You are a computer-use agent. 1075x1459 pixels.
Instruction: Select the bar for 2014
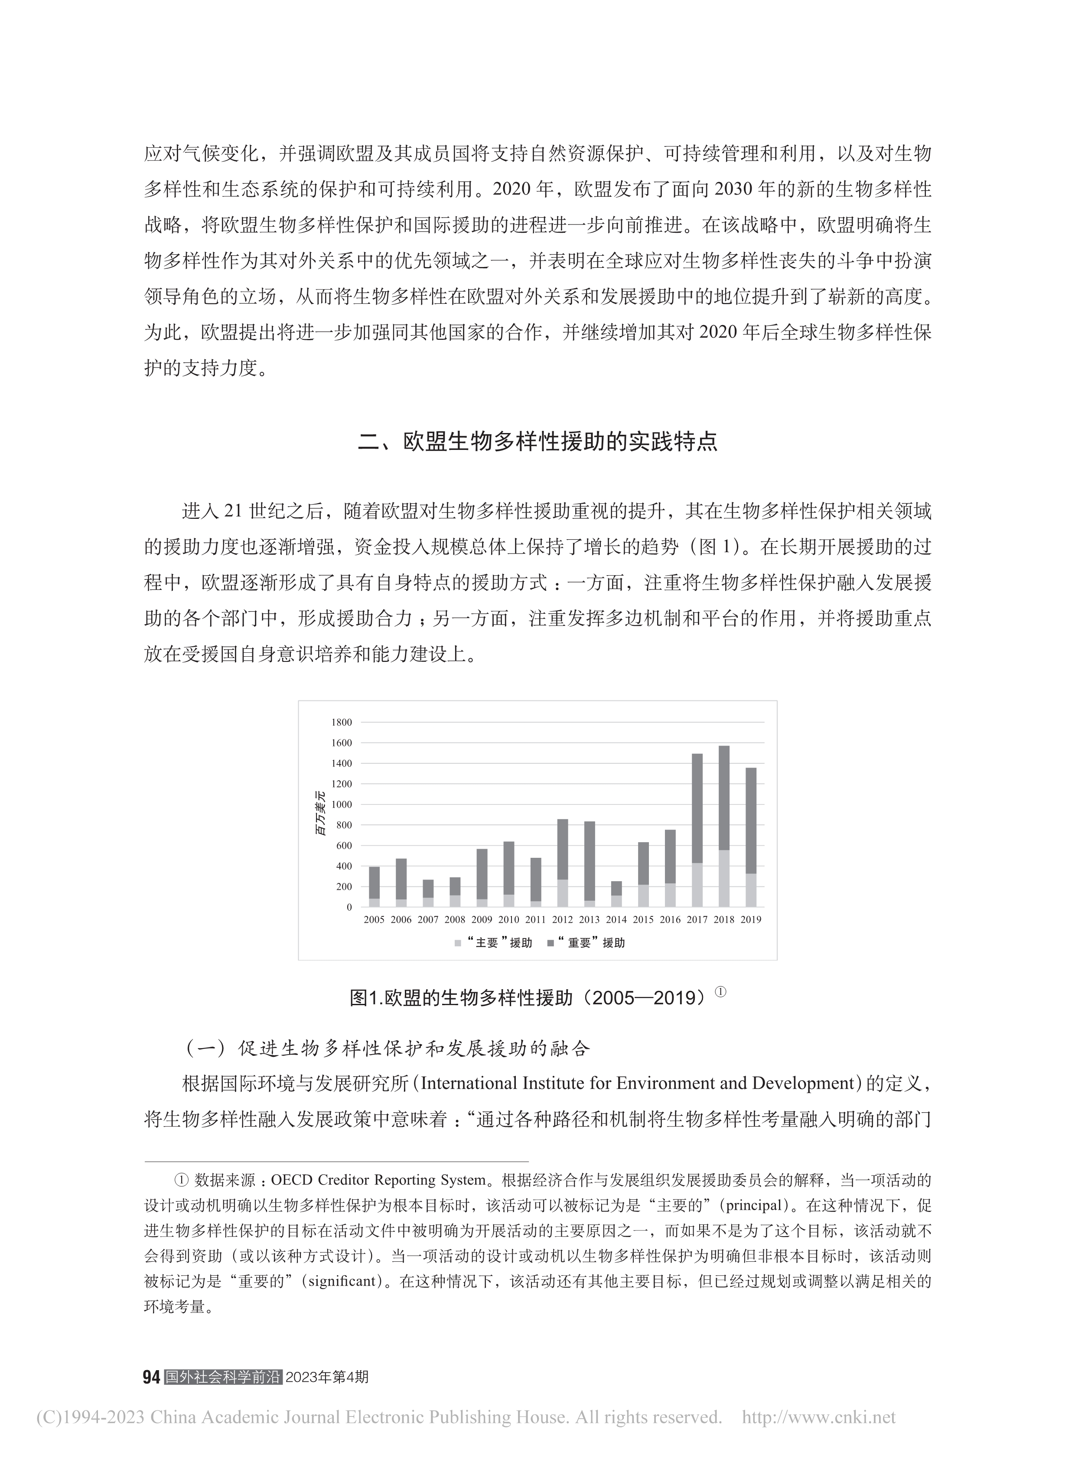pos(616,893)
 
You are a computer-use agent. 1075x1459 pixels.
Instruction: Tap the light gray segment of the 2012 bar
pos(562,893)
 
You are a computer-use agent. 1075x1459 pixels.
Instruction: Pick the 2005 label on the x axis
pos(374,919)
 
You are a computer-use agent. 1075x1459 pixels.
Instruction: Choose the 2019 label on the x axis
pos(750,919)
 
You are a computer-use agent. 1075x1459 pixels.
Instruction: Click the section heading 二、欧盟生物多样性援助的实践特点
pos(537,442)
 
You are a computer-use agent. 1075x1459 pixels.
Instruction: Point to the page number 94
pos(151,1378)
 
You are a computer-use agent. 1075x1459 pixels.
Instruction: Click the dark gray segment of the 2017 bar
pos(697,808)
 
